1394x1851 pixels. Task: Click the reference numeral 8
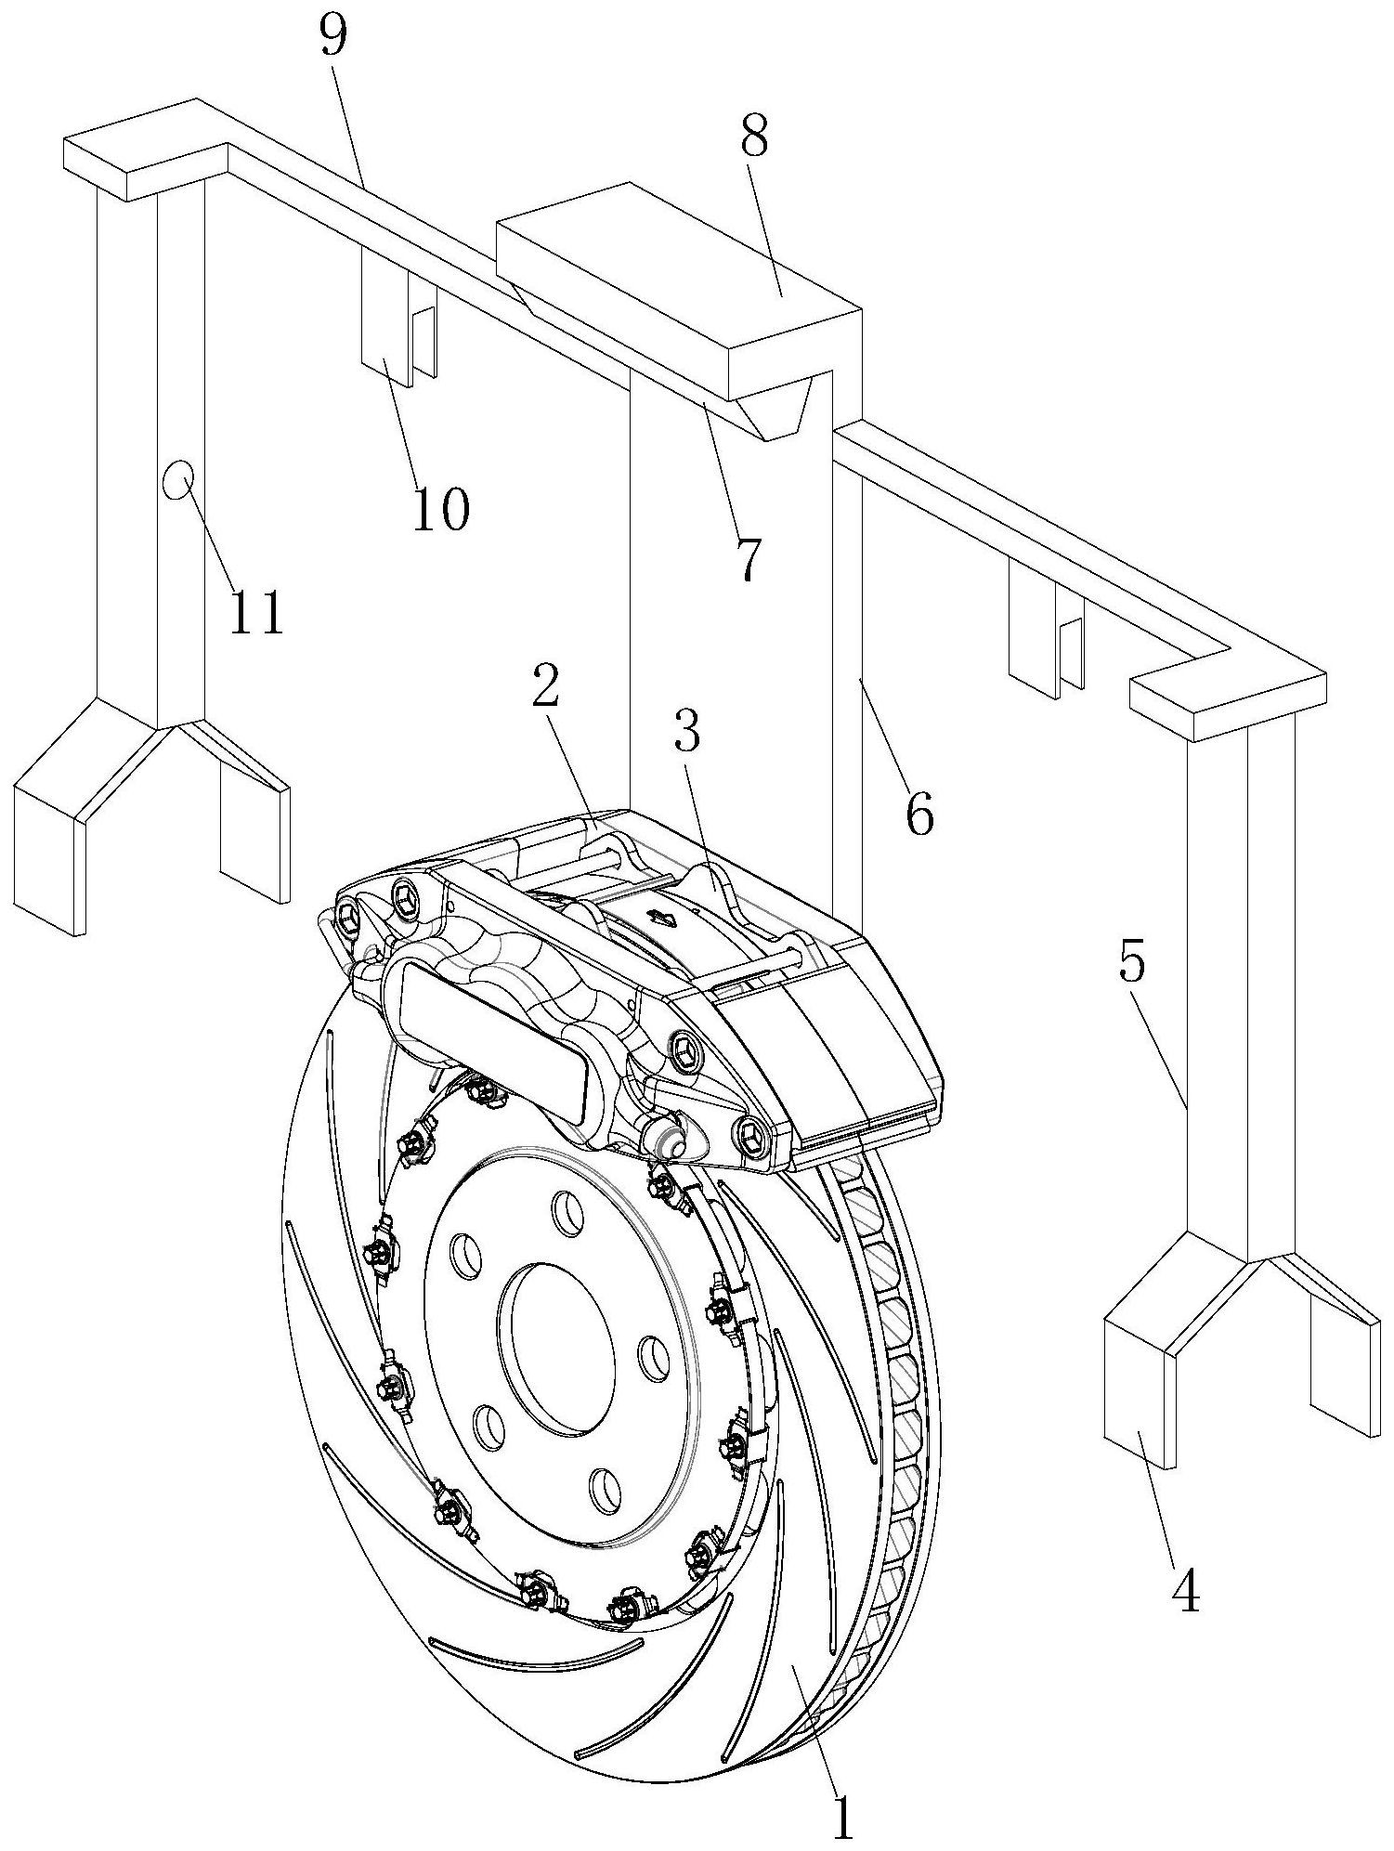(754, 137)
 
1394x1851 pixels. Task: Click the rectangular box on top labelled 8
(678, 269)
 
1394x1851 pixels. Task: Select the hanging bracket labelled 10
(384, 330)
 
